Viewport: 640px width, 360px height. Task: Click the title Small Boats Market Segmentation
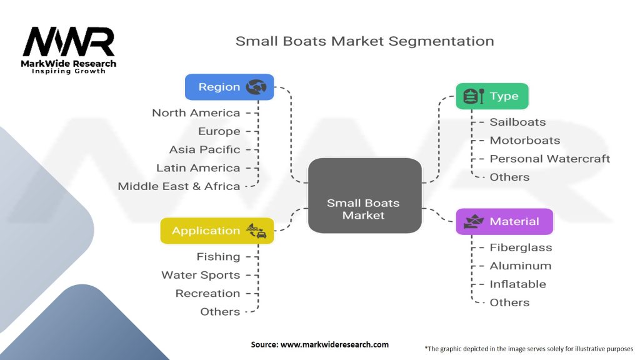coord(364,41)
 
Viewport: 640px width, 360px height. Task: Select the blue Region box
coord(229,87)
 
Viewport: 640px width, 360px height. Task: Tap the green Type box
coord(492,96)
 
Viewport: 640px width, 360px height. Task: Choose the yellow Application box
coord(217,231)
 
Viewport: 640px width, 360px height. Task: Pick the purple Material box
coord(504,221)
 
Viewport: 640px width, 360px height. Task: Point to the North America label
coord(196,113)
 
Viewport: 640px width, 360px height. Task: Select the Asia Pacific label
coord(204,149)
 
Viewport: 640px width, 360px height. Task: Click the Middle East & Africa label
coord(179,186)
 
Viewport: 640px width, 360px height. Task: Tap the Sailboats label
coord(517,122)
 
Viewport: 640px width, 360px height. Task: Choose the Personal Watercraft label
coord(549,159)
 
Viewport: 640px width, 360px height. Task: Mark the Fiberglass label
coord(521,247)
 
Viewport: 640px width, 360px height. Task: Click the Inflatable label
coord(517,284)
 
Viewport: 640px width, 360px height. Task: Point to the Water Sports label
coord(201,275)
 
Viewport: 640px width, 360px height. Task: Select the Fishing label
coord(218,257)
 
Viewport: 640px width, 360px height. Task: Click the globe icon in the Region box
coord(256,87)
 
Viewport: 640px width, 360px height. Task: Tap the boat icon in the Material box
coord(473,221)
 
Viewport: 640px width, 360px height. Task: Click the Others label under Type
coord(509,177)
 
